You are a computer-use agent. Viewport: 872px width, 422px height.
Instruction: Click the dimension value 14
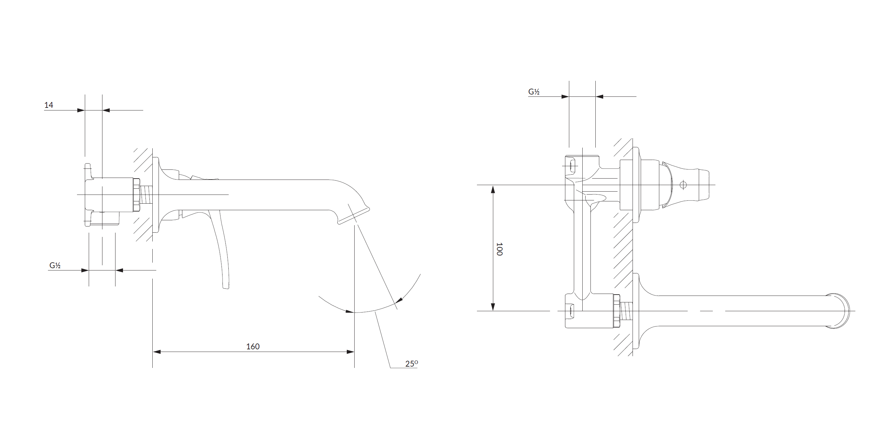pos(49,105)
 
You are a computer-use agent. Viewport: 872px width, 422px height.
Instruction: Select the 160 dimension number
pos(253,347)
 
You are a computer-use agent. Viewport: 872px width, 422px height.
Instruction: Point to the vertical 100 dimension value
pos(499,249)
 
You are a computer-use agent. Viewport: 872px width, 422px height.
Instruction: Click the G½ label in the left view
pos(55,266)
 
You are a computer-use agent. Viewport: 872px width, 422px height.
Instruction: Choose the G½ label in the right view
pos(534,92)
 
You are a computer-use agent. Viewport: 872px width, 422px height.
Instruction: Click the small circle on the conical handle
pos(683,185)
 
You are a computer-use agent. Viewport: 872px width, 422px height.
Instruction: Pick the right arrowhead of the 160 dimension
pos(350,352)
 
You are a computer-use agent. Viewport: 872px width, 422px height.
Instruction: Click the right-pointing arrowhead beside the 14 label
pos(81,110)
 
